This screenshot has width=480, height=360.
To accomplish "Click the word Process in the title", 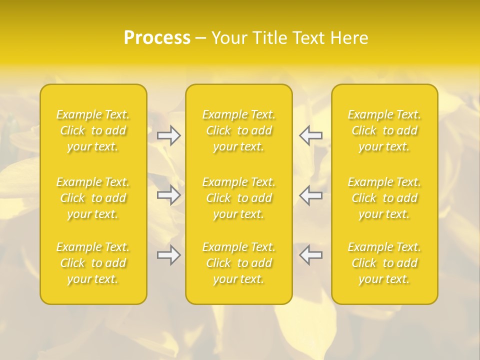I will [x=157, y=38].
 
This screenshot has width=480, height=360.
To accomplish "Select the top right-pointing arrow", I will [x=169, y=135].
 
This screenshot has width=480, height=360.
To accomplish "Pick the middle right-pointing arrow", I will [x=169, y=194].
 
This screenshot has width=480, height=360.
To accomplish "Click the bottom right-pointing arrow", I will [x=169, y=255].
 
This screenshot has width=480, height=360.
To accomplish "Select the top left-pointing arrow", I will [x=310, y=135].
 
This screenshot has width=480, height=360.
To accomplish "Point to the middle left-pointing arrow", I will [x=310, y=194].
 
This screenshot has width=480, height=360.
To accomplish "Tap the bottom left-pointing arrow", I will [x=310, y=255].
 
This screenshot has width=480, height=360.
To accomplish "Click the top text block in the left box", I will [x=93, y=130].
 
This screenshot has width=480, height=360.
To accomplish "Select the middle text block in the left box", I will [x=93, y=198].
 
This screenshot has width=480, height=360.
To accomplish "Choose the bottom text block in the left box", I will [x=93, y=263].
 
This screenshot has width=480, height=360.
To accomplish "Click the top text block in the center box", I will [x=239, y=130].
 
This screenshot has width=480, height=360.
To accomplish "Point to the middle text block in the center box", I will [x=239, y=198].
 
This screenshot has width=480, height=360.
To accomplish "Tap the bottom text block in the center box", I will [x=239, y=263].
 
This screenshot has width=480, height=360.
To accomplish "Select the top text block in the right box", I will [x=384, y=130].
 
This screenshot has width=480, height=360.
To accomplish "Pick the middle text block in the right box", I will [x=384, y=198].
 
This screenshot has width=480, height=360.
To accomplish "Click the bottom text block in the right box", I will [x=384, y=263].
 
